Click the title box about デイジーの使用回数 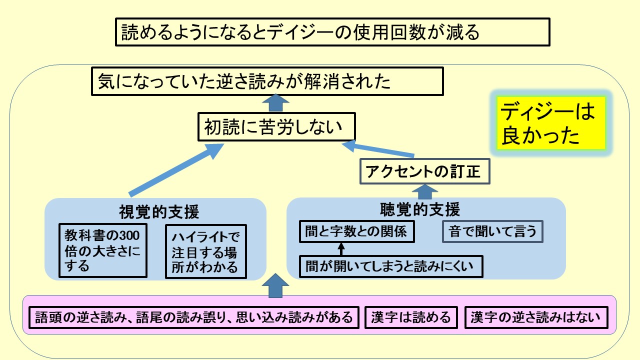pyautogui.click(x=332, y=32)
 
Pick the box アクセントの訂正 pyautogui.click(x=424, y=171)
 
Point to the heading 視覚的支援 pyautogui.click(x=159, y=212)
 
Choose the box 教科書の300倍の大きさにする pyautogui.click(x=103, y=250)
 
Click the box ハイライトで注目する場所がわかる pyautogui.click(x=206, y=251)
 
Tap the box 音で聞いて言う pyautogui.click(x=492, y=231)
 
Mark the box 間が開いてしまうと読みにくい pyautogui.click(x=391, y=266)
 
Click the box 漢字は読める pyautogui.click(x=410, y=317)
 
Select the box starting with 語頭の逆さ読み pyautogui.click(x=194, y=317)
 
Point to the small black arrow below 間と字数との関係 pyautogui.click(x=341, y=249)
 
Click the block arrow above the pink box pyautogui.click(x=275, y=285)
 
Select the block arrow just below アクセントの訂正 pyautogui.click(x=424, y=191)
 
